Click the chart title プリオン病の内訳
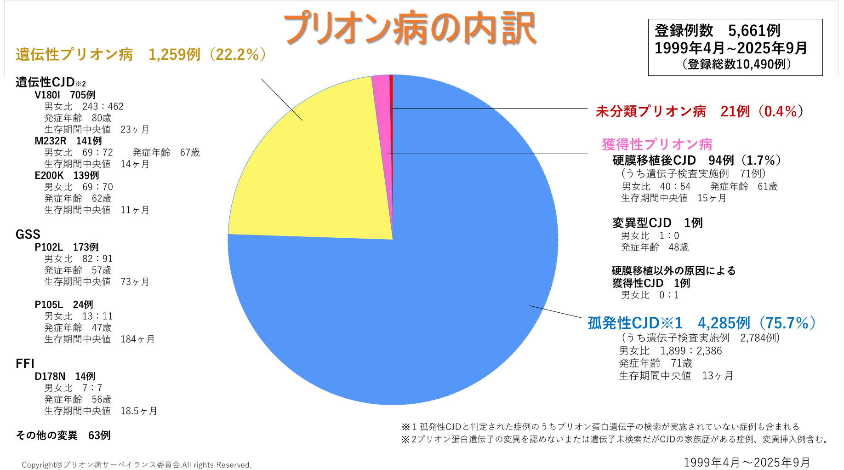pyautogui.click(x=410, y=29)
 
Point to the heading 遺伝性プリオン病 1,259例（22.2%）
pyautogui.click(x=141, y=55)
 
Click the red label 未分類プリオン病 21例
pyautogui.click(x=699, y=111)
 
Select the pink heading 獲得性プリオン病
pyautogui.click(x=657, y=144)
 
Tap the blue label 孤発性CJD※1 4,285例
pyautogui.click(x=701, y=323)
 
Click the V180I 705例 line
pyautogui.click(x=65, y=95)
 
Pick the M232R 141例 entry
pyautogui.click(x=68, y=141)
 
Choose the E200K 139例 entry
pyautogui.click(x=67, y=175)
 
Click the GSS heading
pyautogui.click(x=28, y=235)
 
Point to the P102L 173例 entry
pyautogui.click(x=67, y=247)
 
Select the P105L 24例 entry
pyautogui.click(x=64, y=304)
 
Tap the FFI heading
pyautogui.click(x=25, y=364)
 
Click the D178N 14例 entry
pyautogui.click(x=65, y=376)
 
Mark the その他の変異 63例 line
pyautogui.click(x=63, y=435)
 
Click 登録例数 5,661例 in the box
pyautogui.click(x=717, y=31)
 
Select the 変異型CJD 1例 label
pyautogui.click(x=657, y=223)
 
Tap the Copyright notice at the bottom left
pyautogui.click(x=137, y=464)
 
